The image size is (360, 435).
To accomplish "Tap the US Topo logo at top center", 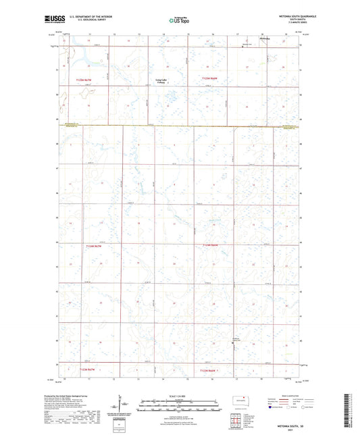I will pyautogui.click(x=178, y=20).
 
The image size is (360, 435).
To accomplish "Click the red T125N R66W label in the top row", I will pyautogui.click(x=211, y=79).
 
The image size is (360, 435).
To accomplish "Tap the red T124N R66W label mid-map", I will pyautogui.click(x=211, y=245).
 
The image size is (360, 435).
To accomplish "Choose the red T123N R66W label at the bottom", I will pyautogui.click(x=211, y=369).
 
